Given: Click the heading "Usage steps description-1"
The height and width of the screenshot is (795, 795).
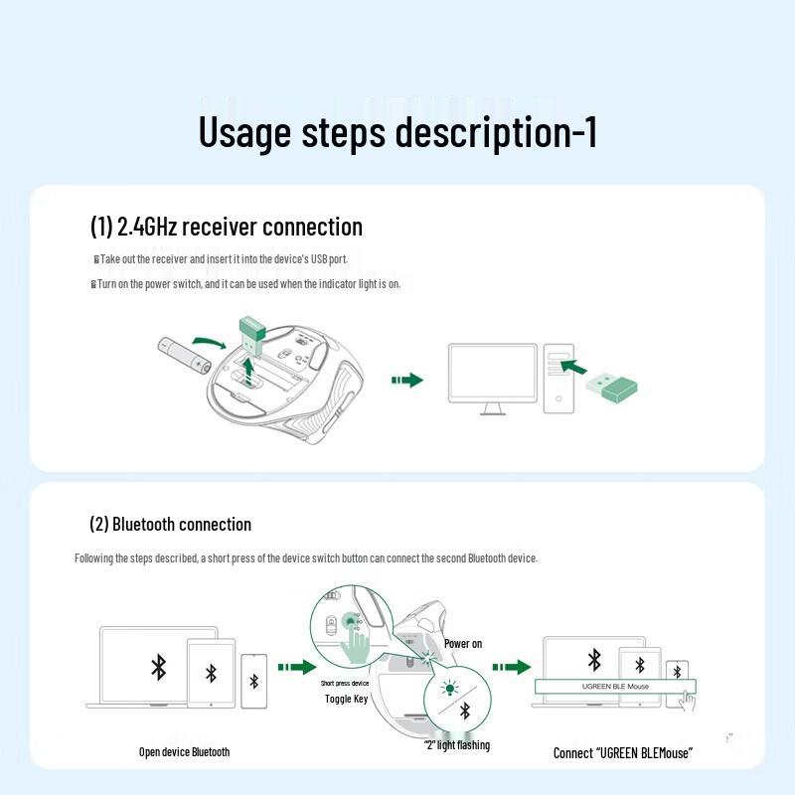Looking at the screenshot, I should point(397,132).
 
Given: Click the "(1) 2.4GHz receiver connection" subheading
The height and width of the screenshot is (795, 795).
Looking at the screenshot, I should point(227,227).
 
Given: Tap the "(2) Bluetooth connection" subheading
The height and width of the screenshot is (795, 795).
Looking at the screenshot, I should point(170,524).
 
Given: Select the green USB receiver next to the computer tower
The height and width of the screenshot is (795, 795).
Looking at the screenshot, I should point(612,387).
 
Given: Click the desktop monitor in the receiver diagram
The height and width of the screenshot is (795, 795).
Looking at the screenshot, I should point(491,376).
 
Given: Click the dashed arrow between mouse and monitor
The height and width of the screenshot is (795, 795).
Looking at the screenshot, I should point(407,380).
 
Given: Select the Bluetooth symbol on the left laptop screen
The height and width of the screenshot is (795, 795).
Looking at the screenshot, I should point(158,667).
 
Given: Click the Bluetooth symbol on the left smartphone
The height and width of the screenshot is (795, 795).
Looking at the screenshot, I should point(253,681).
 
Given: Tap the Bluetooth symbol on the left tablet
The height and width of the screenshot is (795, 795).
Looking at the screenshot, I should point(211,674).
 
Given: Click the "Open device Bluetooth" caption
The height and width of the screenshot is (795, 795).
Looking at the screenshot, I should point(184,752).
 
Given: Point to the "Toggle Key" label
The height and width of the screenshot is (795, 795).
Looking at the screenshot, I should point(346,700).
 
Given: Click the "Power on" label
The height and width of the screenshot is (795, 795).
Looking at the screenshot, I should point(463,644).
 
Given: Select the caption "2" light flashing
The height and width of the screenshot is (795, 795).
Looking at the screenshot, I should point(457,745).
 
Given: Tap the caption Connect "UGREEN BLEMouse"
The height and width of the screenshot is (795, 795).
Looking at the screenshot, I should point(622,753).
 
